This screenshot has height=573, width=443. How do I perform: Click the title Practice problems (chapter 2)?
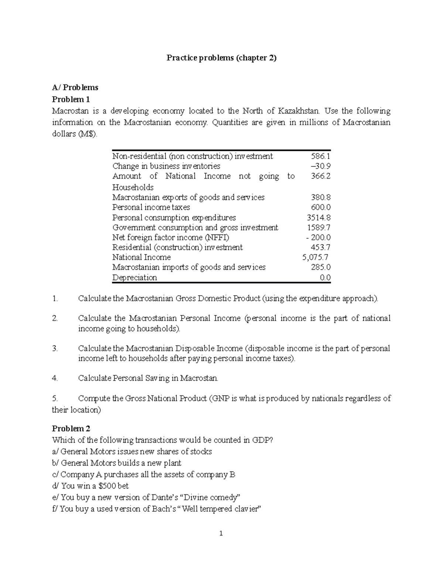pyautogui.click(x=221, y=58)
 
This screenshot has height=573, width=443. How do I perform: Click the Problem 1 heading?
pyautogui.click(x=71, y=99)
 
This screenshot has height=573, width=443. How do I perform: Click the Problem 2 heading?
pyautogui.click(x=71, y=428)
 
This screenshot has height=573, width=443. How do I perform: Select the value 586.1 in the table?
pyautogui.click(x=321, y=156)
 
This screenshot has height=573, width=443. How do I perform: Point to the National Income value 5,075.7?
pyautogui.click(x=315, y=257)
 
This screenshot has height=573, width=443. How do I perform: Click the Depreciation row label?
pyautogui.click(x=134, y=277)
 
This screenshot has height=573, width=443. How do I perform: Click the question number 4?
pyautogui.click(x=55, y=378)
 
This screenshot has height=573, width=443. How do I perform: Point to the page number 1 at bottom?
pyautogui.click(x=221, y=533)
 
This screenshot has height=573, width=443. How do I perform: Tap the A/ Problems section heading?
pyautogui.click(x=75, y=87)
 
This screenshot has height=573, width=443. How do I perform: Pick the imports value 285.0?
pyautogui.click(x=321, y=267)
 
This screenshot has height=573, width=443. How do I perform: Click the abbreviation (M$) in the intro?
pyautogui.click(x=87, y=134)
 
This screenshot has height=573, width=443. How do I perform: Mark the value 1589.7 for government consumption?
pyautogui.click(x=319, y=227)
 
